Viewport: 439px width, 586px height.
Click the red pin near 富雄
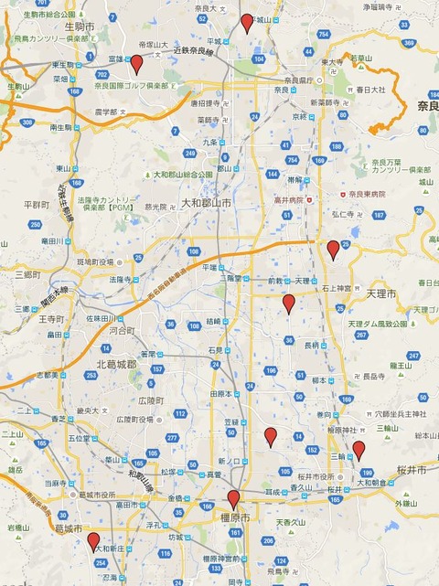[x=136, y=63]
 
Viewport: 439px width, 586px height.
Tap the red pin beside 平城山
[x=246, y=23]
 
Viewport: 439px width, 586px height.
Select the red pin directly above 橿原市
[x=233, y=499]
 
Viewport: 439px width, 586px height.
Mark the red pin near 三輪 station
[x=359, y=449]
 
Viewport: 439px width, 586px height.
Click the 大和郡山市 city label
[x=206, y=203]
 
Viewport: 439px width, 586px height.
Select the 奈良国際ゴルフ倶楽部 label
[x=136, y=85]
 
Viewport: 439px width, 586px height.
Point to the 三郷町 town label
[x=28, y=273]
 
